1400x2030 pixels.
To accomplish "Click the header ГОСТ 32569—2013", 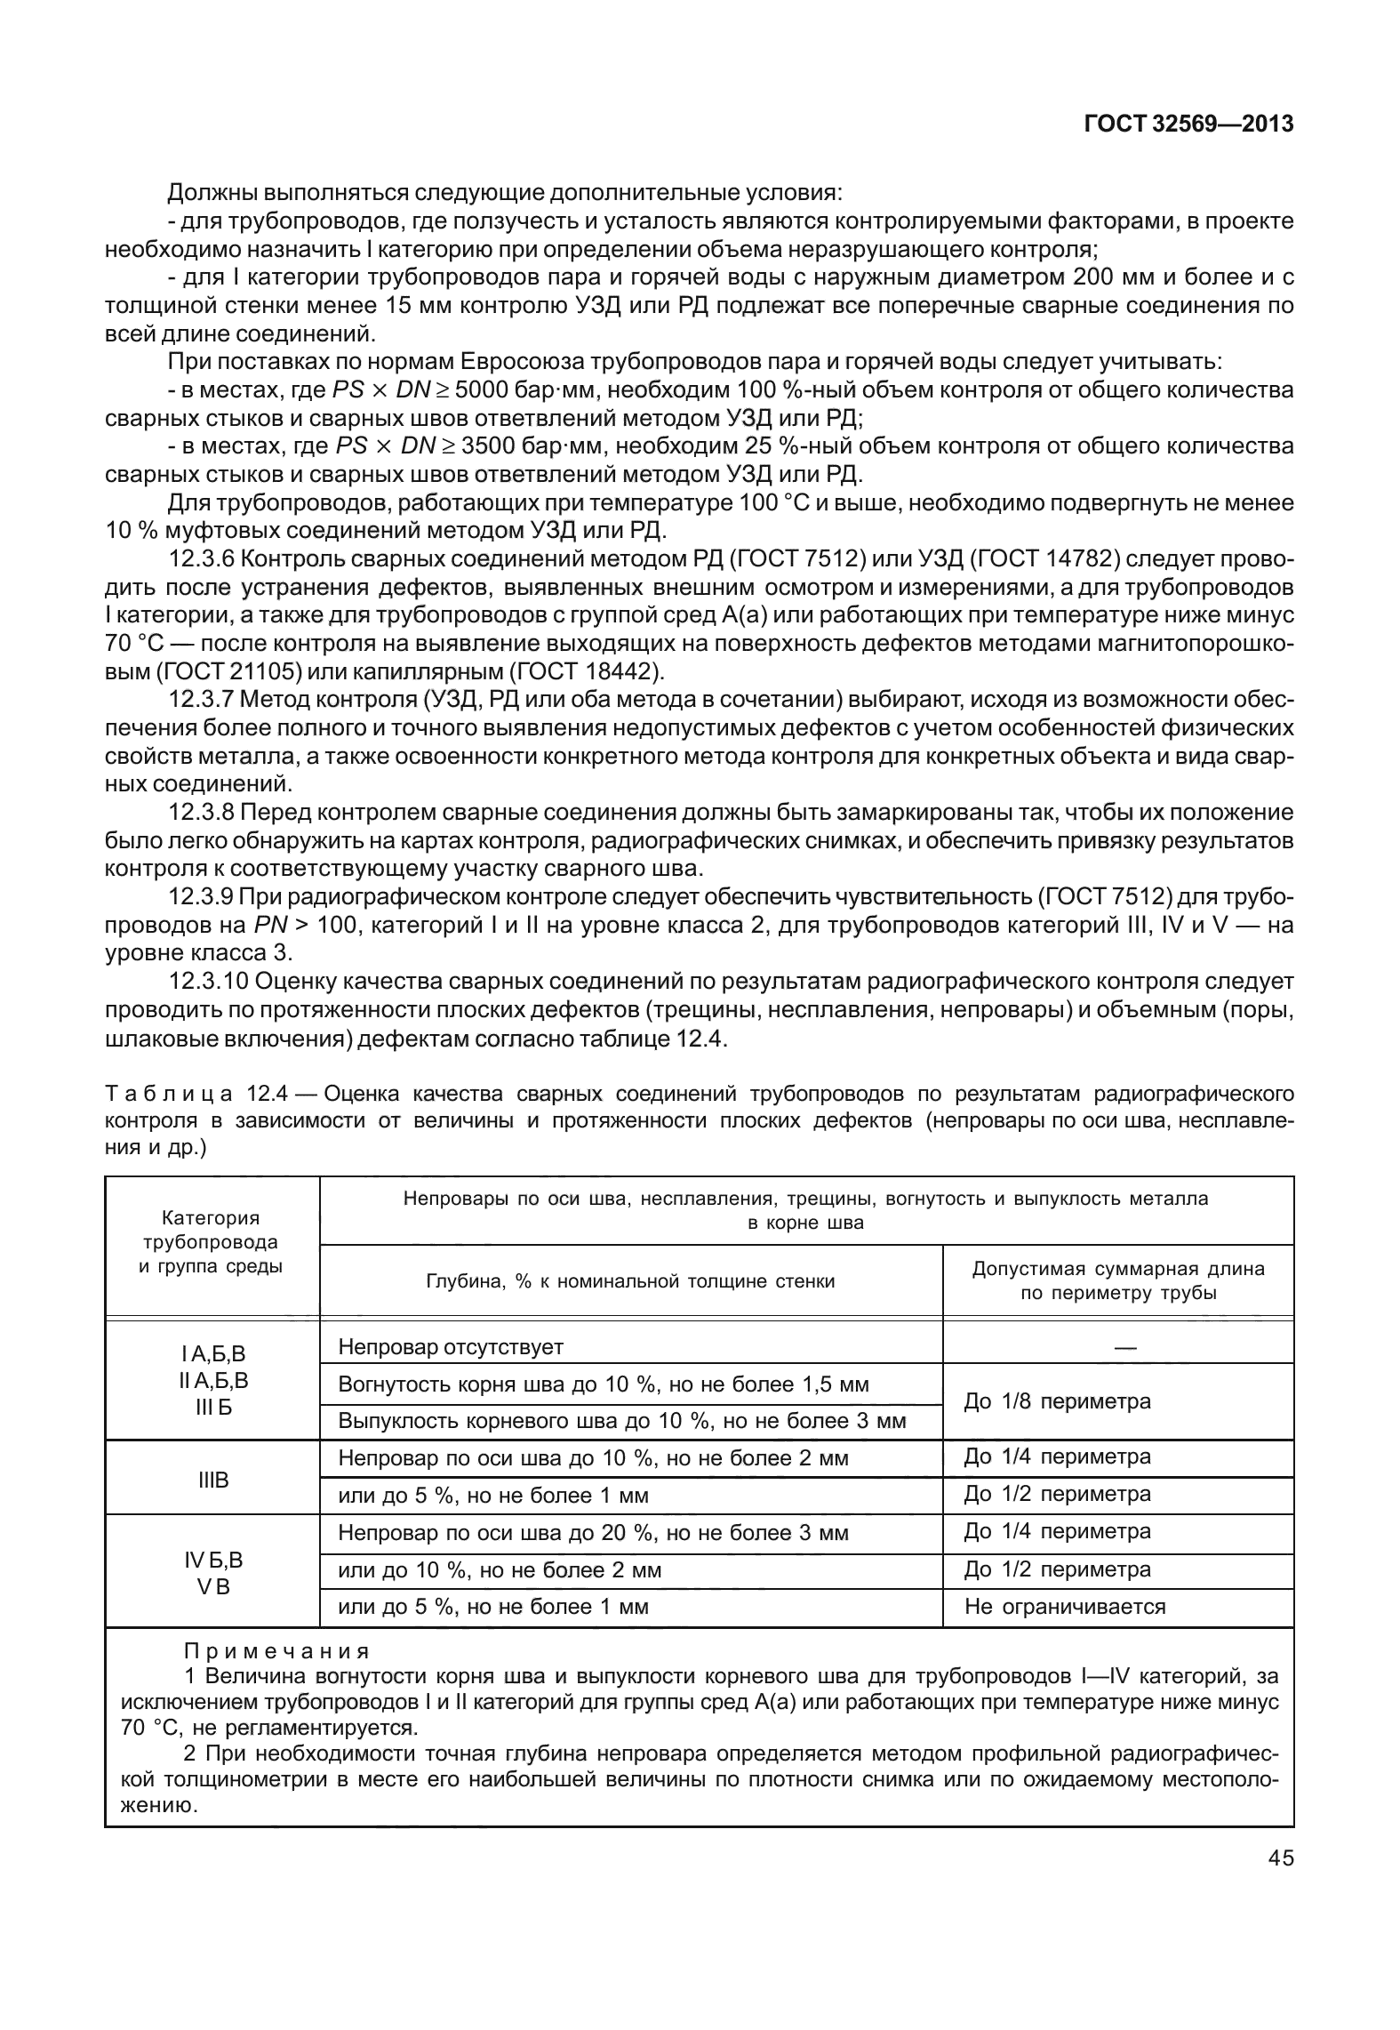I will tap(1188, 124).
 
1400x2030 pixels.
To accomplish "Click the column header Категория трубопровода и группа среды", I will tap(212, 1241).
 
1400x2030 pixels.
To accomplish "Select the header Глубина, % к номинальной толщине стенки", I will tap(630, 1280).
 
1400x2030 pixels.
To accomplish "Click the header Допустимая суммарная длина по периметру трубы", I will tap(1117, 1280).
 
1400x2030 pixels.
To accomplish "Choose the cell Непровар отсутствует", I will tap(451, 1346).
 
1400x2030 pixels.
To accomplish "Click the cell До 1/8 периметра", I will tap(1057, 1401).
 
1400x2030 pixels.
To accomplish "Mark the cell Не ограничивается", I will tap(1064, 1606).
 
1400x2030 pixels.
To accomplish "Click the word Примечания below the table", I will tap(276, 1651).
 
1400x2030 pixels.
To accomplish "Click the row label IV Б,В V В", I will tap(212, 1572).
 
